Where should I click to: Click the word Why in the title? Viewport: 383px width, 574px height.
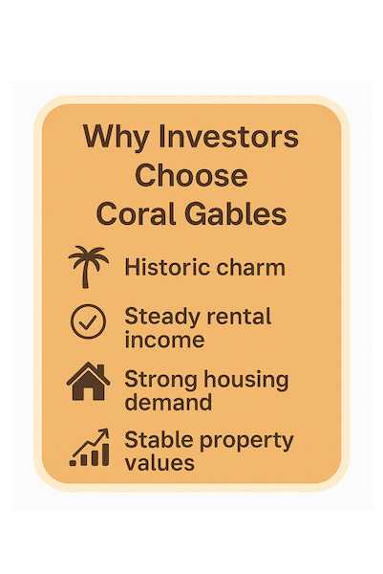click(116, 137)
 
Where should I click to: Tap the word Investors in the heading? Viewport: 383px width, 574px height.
click(229, 136)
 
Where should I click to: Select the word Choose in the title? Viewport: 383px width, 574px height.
click(191, 175)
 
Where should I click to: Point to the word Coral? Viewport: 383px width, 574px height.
click(137, 213)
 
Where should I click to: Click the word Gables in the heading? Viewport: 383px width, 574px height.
click(236, 213)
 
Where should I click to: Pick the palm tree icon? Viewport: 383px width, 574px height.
click(88, 267)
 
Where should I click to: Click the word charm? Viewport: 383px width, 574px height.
click(250, 267)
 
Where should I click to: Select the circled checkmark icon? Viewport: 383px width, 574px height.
click(88, 321)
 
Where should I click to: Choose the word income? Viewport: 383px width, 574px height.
click(164, 340)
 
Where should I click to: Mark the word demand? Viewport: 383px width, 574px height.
click(168, 402)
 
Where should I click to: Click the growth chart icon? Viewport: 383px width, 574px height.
click(90, 448)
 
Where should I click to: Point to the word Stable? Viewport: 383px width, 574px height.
click(159, 440)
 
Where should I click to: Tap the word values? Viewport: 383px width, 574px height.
click(160, 462)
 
